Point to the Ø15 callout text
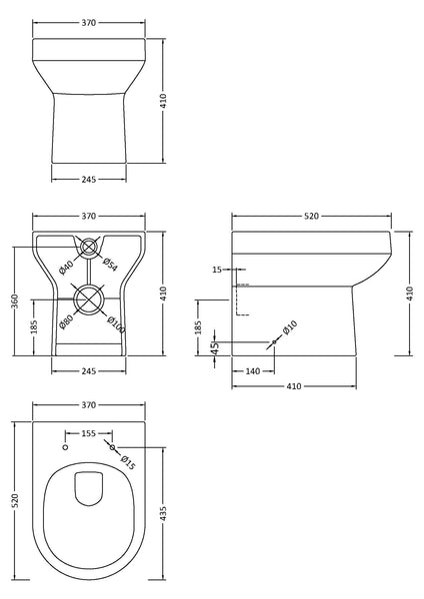click(128, 460)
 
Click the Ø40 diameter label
click(67, 266)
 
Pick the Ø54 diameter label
click(111, 266)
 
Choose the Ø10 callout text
click(290, 329)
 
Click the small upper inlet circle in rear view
click(89, 247)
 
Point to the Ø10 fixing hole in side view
click(274, 342)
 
